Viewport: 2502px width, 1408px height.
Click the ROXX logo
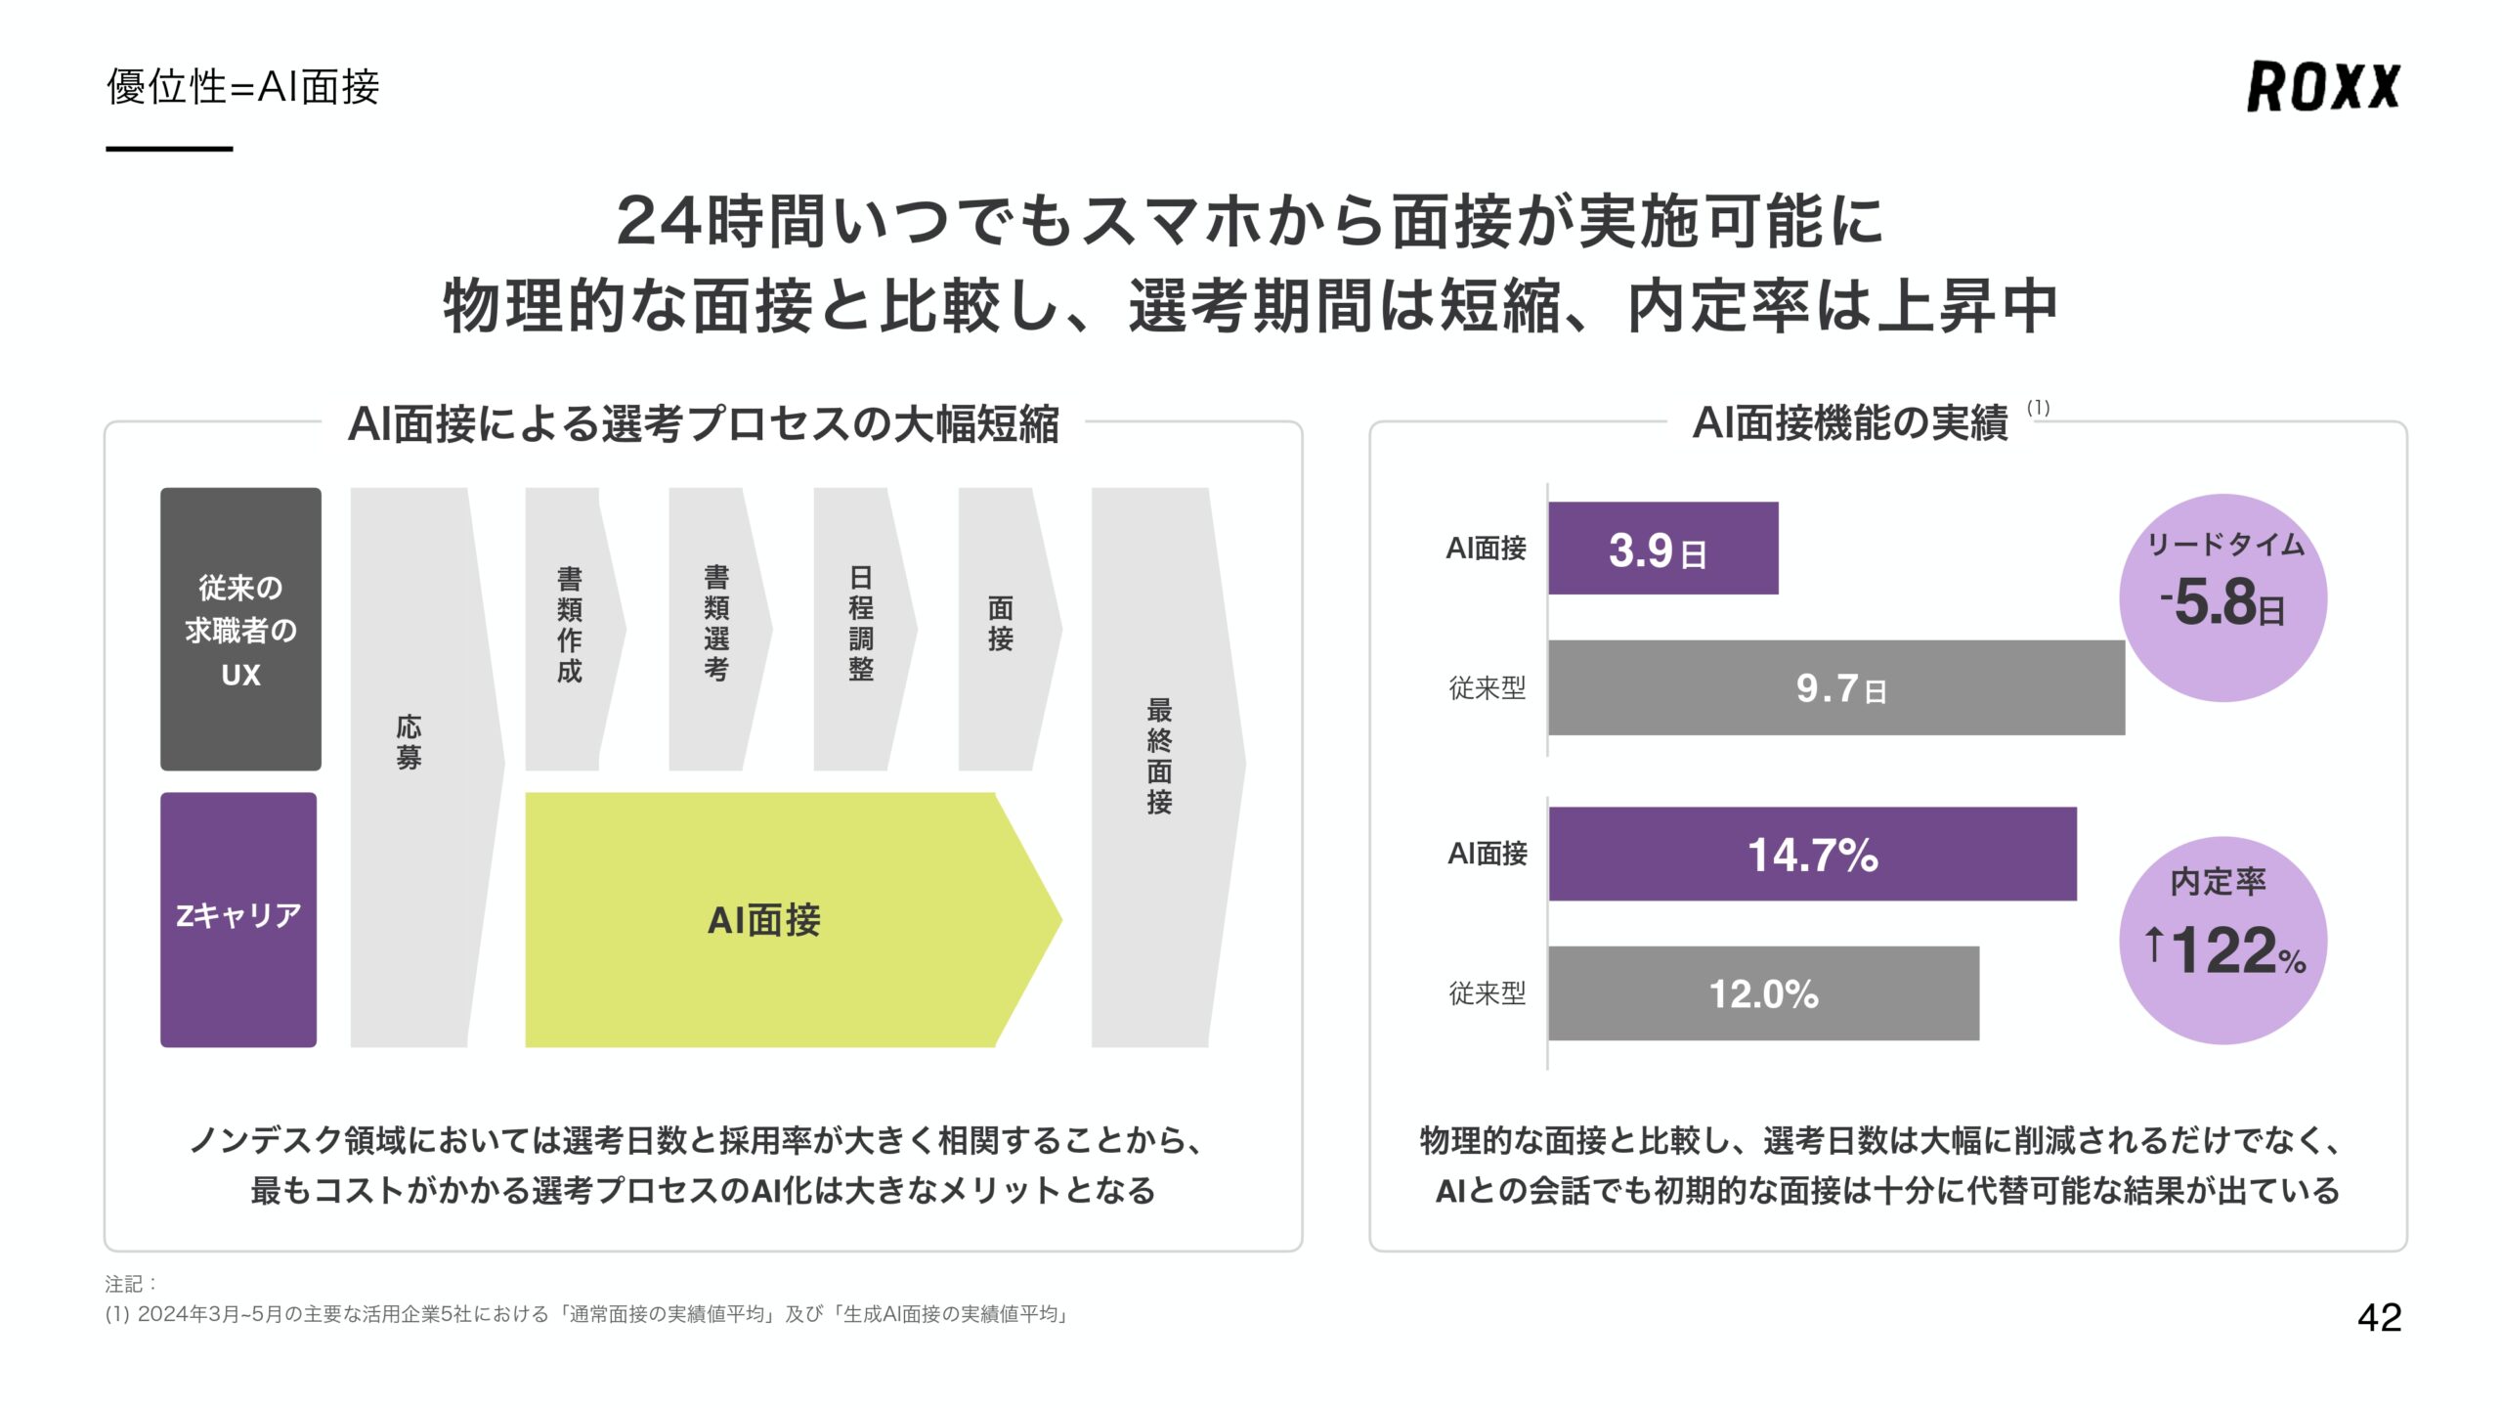(2322, 86)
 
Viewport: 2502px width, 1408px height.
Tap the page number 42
(2379, 1317)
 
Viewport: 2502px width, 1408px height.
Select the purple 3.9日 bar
(1662, 549)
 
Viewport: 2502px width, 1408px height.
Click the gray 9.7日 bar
(1835, 687)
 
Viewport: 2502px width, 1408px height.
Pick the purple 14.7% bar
(1812, 854)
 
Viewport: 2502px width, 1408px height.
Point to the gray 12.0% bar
(1763, 993)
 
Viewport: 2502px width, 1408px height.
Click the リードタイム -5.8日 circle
(2222, 597)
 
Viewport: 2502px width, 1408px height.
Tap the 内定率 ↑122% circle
(2222, 940)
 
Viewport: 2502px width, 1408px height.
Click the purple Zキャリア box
(238, 919)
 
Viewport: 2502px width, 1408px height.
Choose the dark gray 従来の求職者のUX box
(240, 629)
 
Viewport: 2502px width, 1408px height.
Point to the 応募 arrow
(410, 768)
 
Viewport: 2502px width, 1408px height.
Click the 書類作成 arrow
(570, 629)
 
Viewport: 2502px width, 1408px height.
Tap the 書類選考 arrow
(715, 629)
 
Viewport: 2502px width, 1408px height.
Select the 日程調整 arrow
(860, 629)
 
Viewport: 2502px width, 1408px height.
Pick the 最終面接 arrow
(1159, 768)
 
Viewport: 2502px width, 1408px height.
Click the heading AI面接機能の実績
(1849, 423)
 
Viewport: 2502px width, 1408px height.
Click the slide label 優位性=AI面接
(242, 87)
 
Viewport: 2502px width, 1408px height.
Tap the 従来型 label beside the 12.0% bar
(1487, 993)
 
